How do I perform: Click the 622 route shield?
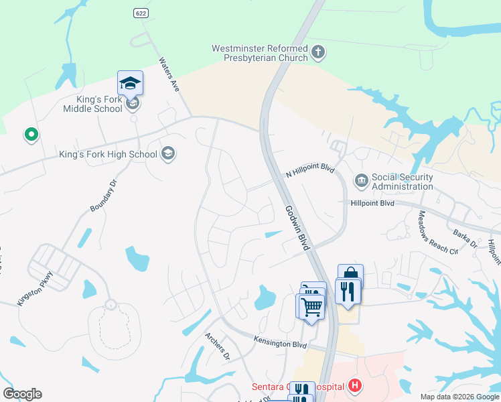(x=140, y=13)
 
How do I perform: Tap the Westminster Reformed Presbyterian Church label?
(x=260, y=53)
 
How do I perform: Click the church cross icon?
(x=318, y=52)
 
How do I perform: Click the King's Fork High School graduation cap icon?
(x=168, y=154)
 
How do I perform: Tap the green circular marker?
(x=30, y=135)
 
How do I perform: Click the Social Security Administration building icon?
(x=361, y=180)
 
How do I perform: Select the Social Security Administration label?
(x=402, y=182)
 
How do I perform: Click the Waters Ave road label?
(x=169, y=74)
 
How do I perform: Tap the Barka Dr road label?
(x=463, y=239)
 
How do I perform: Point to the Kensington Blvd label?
(x=280, y=343)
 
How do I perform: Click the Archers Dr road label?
(x=218, y=346)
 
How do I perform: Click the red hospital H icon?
(x=355, y=386)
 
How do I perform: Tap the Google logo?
(x=23, y=394)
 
